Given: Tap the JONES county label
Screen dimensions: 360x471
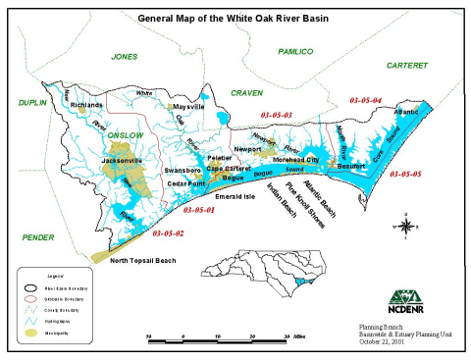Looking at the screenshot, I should click(125, 57).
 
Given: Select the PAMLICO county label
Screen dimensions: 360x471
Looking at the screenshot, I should click(294, 50).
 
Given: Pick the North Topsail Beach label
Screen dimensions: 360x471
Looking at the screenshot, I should click(143, 260).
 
